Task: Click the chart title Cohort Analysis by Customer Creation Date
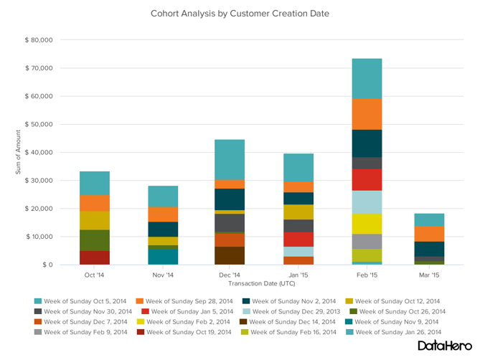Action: tap(240, 13)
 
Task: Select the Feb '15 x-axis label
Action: tap(367, 275)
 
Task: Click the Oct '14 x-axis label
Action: tap(95, 275)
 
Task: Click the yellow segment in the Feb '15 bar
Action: tap(367, 224)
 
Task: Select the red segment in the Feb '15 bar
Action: tap(367, 179)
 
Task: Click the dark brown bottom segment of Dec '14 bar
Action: tap(230, 255)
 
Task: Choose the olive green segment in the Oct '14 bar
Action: tap(95, 240)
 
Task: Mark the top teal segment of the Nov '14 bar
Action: tap(163, 196)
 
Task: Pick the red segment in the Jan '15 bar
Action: tap(298, 239)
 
